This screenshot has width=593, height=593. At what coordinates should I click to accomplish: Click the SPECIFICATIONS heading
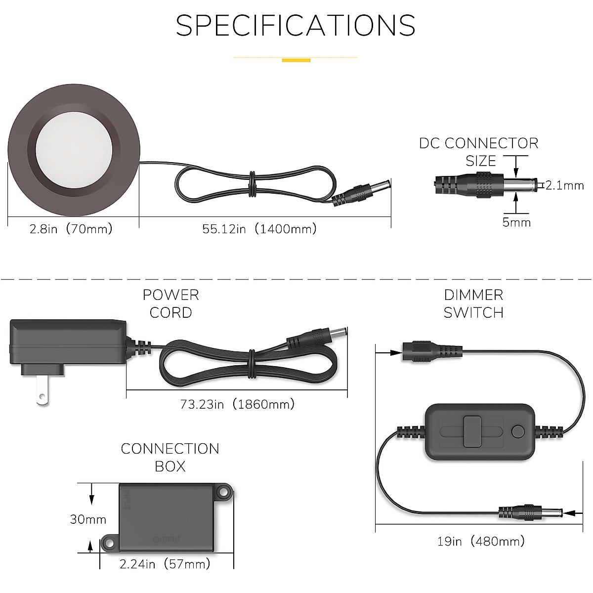pos(296,26)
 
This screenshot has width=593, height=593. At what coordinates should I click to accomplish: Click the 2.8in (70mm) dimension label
pos(71,229)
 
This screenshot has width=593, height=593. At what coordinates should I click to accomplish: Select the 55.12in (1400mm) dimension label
pos(259,229)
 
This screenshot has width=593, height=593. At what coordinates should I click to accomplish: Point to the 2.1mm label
pos(565,185)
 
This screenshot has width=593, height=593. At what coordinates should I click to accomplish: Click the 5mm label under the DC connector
pos(516,222)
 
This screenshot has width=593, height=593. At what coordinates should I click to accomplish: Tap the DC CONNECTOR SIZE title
pos(478,152)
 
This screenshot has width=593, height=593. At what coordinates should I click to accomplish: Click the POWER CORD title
pos(170,303)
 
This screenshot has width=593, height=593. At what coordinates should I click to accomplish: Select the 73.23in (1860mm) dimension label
pos(237,404)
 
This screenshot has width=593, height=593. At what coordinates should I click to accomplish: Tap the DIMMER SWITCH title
pos(473,303)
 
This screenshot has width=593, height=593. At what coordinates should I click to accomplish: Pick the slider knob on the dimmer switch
pos(472,432)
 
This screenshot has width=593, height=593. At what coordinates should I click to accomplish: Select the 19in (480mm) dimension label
pos(481,541)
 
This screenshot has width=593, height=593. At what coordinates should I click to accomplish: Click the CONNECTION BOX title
pos(170,457)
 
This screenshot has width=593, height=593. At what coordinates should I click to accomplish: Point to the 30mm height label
pos(88,519)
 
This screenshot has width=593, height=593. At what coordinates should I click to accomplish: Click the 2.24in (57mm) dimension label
pos(165,564)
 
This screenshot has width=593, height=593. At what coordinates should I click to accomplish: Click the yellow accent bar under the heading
pos(296,60)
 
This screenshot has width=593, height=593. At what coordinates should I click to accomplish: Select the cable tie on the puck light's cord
pos(252,184)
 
